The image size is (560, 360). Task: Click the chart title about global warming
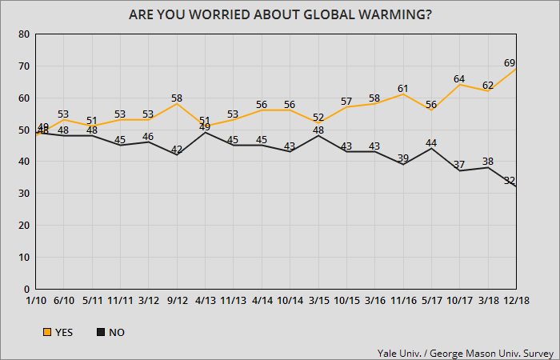pos(279,15)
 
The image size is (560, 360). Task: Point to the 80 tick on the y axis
pos(24,34)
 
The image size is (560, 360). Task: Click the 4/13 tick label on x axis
pos(205,301)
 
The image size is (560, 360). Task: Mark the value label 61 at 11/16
pos(404,87)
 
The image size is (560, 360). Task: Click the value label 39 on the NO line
pos(404,158)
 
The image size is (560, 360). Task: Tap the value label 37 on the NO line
pos(460,164)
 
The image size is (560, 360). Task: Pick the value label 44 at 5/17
pos(432,142)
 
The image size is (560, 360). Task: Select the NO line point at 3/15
pos(318,136)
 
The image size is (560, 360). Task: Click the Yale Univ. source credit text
pos(467,351)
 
